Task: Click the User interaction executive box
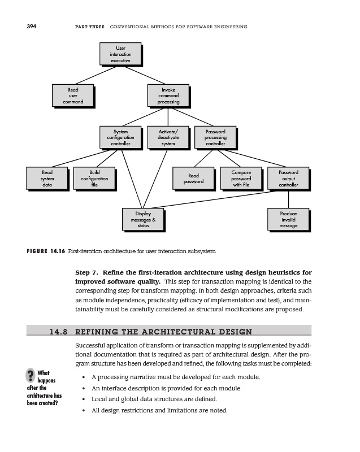click(120, 54)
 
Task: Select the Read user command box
click(73, 95)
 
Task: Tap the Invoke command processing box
click(168, 95)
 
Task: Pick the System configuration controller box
click(120, 138)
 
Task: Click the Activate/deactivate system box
click(168, 138)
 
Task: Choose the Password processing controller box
click(215, 138)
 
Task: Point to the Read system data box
click(47, 178)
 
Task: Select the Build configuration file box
click(94, 178)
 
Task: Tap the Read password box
click(194, 179)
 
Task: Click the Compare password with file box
click(241, 178)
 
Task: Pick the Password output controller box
click(288, 178)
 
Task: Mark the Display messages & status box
click(143, 220)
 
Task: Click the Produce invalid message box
click(288, 220)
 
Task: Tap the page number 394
click(32, 27)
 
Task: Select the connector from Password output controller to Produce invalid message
click(288, 199)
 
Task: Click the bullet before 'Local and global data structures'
click(84, 399)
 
